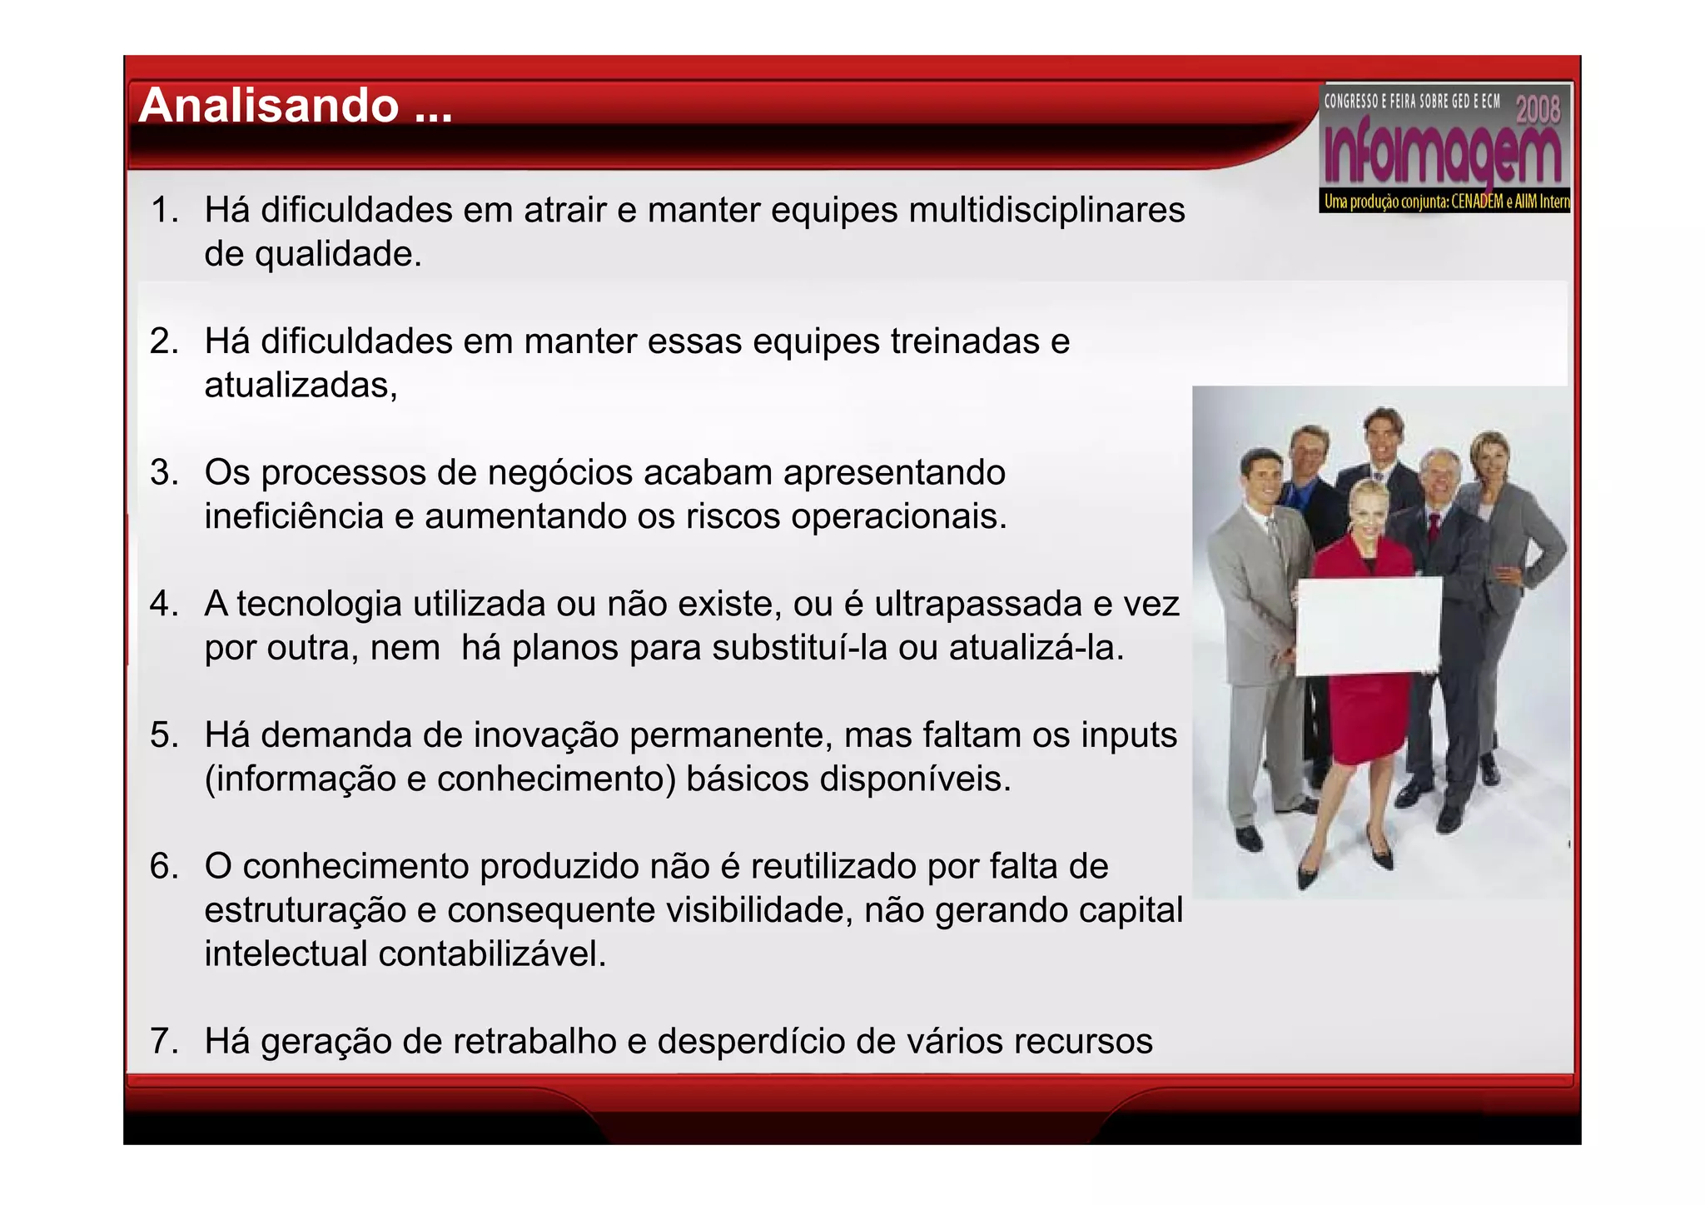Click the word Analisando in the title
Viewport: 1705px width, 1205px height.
[x=268, y=107]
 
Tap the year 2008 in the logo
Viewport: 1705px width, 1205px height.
[x=1537, y=109]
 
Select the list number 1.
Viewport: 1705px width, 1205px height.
[x=163, y=210]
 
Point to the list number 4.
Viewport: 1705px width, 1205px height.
[x=163, y=604]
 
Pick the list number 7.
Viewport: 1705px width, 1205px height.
[x=163, y=1042]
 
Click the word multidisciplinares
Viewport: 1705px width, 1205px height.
[x=1046, y=210]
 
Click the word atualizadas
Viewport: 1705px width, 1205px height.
[x=300, y=386]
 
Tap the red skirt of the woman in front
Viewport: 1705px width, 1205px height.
[x=1365, y=724]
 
